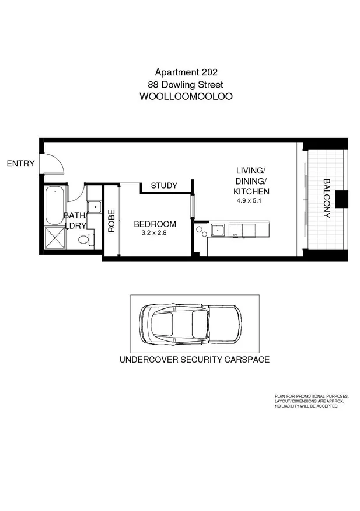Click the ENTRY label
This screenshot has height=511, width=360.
point(20,164)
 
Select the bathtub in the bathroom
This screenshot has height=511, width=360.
point(55,204)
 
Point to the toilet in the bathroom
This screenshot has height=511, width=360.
point(85,239)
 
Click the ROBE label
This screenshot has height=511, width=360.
point(111,221)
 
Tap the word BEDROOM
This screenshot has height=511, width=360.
point(155,224)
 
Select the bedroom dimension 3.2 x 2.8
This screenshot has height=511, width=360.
point(154,233)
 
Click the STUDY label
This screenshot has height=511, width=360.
point(164,186)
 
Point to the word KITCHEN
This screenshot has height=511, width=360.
point(251,191)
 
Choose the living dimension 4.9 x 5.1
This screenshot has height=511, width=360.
point(251,201)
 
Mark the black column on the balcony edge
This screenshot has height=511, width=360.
point(342,199)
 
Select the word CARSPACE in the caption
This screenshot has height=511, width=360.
point(247,360)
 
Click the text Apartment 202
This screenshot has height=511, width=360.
point(186,72)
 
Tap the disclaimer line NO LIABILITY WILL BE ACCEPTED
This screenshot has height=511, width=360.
point(307,406)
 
